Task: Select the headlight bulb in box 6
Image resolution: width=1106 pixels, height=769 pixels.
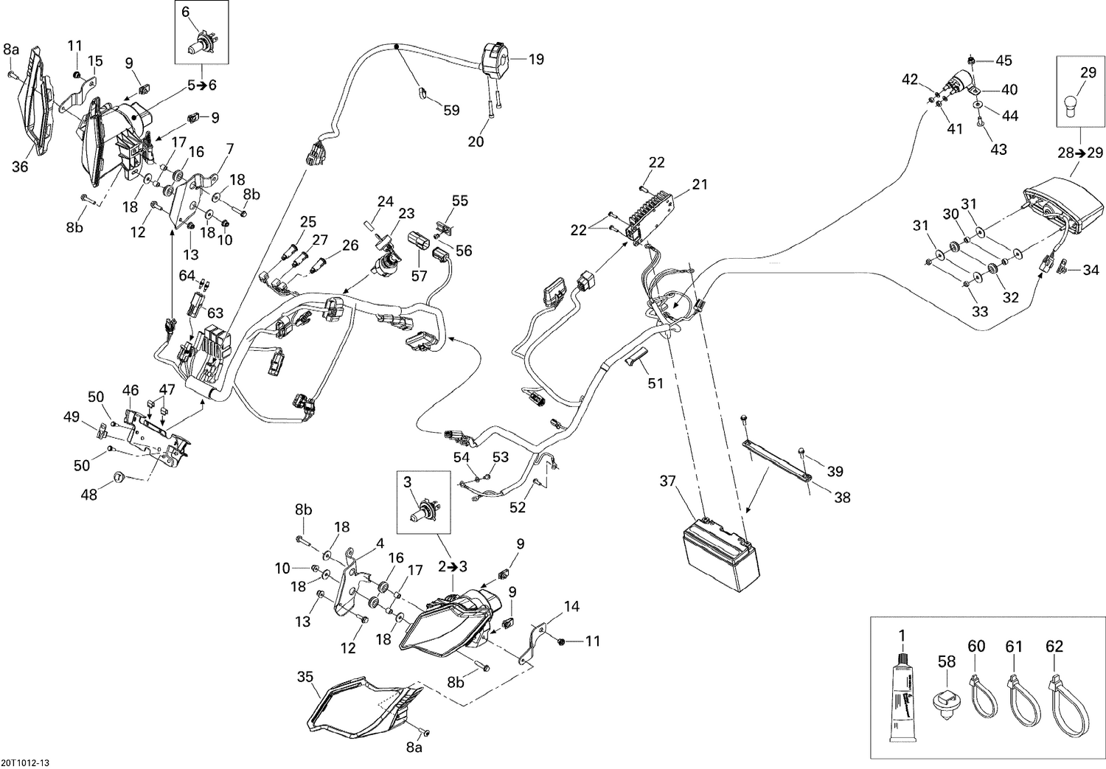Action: [x=196, y=41]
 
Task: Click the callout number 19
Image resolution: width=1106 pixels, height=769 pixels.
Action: [x=536, y=59]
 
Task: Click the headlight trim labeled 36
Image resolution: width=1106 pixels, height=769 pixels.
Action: [x=33, y=111]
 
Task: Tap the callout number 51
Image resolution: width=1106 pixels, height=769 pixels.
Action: [x=655, y=383]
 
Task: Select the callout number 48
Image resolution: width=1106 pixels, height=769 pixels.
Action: [x=88, y=495]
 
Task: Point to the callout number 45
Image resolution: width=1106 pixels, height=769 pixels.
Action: [x=1004, y=60]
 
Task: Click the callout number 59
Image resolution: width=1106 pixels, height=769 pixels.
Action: [x=451, y=110]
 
